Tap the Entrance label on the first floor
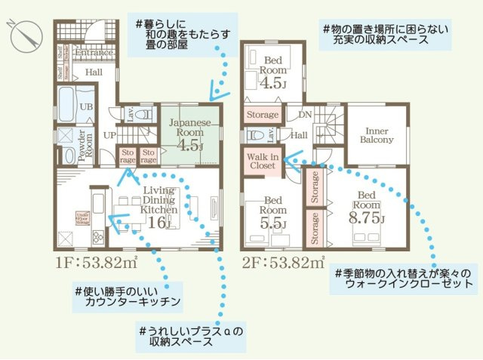[94, 53]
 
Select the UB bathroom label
[86, 108]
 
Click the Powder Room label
[88, 142]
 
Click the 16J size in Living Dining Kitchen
[159, 223]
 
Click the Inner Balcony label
[376, 134]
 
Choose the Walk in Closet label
[262, 161]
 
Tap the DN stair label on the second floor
[305, 114]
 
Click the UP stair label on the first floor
[109, 135]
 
